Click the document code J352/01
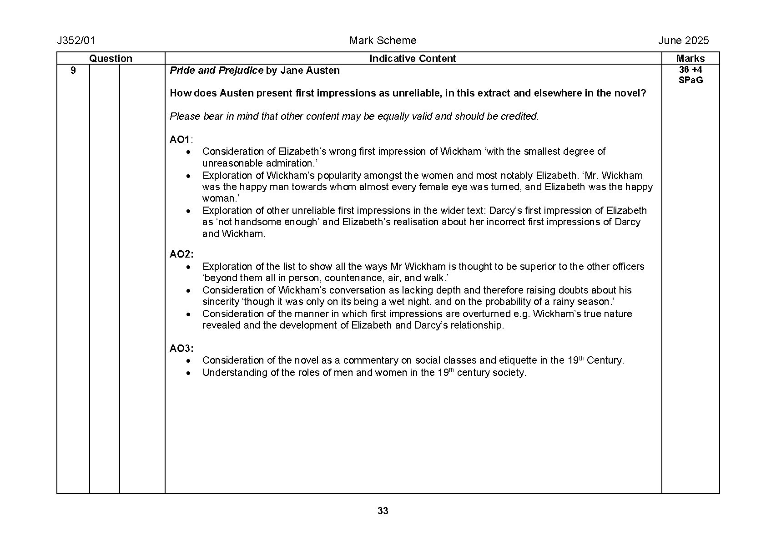pos(76,41)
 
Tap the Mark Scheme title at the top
pos(383,41)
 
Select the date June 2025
pos(683,41)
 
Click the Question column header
pos(111,59)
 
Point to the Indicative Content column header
pos(412,59)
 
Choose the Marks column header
pos(690,59)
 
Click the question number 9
pos(73,71)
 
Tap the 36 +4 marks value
pos(690,70)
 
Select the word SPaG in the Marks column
pos(690,81)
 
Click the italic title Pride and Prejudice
pos(216,71)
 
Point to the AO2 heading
pos(181,254)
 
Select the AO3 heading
pos(181,349)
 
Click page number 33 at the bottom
pos(383,511)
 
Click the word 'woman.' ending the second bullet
pos(221,198)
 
